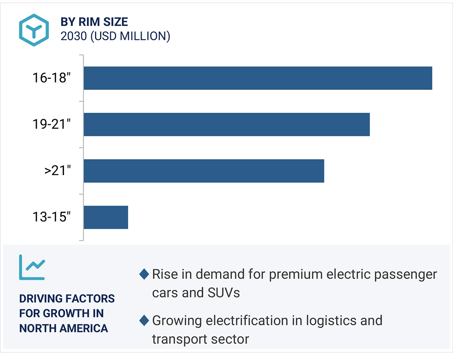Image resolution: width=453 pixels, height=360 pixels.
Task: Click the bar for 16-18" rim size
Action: pyautogui.click(x=257, y=78)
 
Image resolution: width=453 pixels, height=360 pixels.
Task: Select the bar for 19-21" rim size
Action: pyautogui.click(x=226, y=124)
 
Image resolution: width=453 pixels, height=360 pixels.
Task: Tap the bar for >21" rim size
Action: pyautogui.click(x=204, y=171)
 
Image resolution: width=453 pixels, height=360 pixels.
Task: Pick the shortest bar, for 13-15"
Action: pyautogui.click(x=106, y=217)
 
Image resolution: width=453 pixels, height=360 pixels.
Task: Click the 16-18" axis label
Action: pyautogui.click(x=51, y=78)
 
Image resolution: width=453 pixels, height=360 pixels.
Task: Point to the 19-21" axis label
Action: pyautogui.click(x=51, y=124)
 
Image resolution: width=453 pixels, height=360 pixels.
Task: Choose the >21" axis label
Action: pyautogui.click(x=58, y=171)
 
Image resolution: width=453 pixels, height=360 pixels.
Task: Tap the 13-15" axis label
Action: pyautogui.click(x=51, y=217)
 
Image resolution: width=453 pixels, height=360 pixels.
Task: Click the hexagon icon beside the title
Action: pyautogui.click(x=34, y=30)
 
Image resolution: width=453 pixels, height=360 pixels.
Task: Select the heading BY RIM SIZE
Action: pyautogui.click(x=94, y=22)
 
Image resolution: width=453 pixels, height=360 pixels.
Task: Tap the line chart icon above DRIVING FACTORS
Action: pyautogui.click(x=32, y=267)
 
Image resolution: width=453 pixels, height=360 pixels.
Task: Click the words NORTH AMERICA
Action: pyautogui.click(x=63, y=328)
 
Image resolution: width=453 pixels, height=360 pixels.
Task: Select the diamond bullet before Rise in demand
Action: pyautogui.click(x=144, y=274)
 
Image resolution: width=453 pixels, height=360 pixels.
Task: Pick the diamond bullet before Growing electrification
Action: pyautogui.click(x=144, y=321)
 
